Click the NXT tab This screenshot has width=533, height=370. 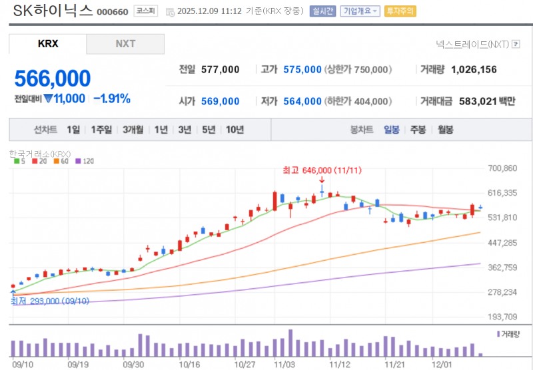coord(125,44)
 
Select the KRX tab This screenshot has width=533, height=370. coord(48,44)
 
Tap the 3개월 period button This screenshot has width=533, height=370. coord(133,130)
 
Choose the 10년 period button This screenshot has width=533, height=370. coord(235,130)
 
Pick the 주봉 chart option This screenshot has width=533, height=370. coord(418,130)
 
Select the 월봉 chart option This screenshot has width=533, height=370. coord(445,130)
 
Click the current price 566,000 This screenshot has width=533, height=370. coord(53,79)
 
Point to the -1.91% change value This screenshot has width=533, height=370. coord(112,98)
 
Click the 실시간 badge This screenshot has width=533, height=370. coord(322,11)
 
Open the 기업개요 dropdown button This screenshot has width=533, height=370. coord(360,11)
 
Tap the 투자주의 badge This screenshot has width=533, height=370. coord(400,11)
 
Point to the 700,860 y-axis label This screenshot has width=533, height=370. coord(503,168)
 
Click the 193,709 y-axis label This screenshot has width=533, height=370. coord(503,317)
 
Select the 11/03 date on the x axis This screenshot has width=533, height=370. coord(284,364)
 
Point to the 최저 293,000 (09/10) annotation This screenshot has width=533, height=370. coord(50,301)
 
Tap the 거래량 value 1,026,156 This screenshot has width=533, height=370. coord(474,69)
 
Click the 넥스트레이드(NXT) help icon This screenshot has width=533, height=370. coord(516,44)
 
